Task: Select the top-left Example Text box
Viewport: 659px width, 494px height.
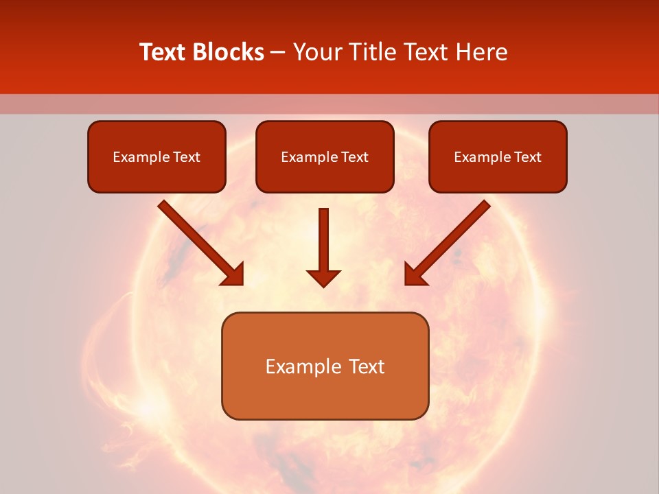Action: pos(157,156)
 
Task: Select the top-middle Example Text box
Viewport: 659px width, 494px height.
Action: pos(325,156)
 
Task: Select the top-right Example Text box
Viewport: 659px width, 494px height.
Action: pos(498,156)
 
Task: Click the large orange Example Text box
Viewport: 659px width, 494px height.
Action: pos(325,366)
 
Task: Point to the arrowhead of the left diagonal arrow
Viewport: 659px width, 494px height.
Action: pos(233,274)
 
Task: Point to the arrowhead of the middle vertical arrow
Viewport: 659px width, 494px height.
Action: pos(323,278)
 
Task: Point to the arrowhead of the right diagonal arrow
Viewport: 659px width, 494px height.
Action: pos(415,274)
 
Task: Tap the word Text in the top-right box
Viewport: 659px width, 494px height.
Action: pos(528,157)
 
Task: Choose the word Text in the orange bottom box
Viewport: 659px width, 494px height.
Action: pos(367,366)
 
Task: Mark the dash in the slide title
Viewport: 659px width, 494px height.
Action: pos(278,53)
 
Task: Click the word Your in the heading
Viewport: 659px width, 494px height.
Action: pos(316,52)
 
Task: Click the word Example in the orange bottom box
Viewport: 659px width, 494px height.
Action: pos(303,366)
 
